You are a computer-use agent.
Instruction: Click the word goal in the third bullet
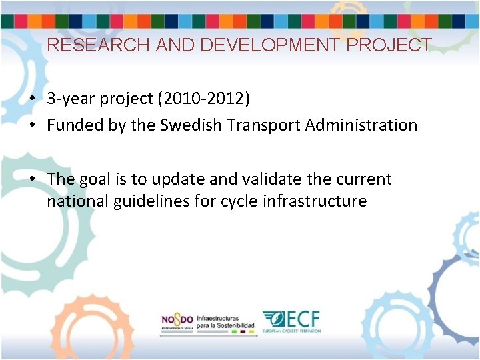coord(95,179)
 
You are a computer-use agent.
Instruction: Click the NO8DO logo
coord(177,321)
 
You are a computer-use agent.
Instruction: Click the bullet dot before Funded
coord(32,125)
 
